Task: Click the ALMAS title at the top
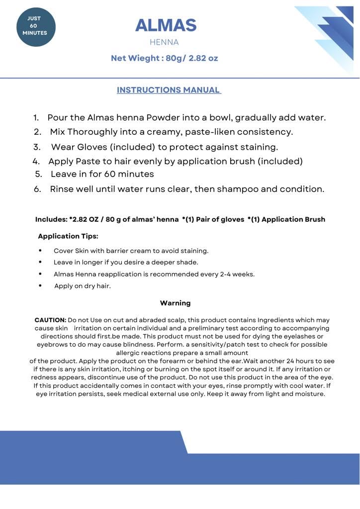pyautogui.click(x=166, y=25)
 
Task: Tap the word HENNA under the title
pyautogui.click(x=164, y=42)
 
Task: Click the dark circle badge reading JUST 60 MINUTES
pyautogui.click(x=35, y=27)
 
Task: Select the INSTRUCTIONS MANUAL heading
pyautogui.click(x=169, y=90)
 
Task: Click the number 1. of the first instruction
pyautogui.click(x=36, y=118)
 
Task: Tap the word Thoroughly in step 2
pyautogui.click(x=92, y=132)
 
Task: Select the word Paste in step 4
pyautogui.click(x=88, y=161)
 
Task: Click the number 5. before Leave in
pyautogui.click(x=39, y=174)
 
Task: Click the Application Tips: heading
pyautogui.click(x=68, y=236)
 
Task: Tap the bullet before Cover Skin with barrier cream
pyautogui.click(x=40, y=251)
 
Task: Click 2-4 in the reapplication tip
pyautogui.click(x=227, y=274)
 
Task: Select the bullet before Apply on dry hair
pyautogui.click(x=40, y=286)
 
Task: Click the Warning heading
pyautogui.click(x=175, y=303)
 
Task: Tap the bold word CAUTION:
pyautogui.click(x=50, y=320)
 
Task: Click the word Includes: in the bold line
pyautogui.click(x=51, y=219)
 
